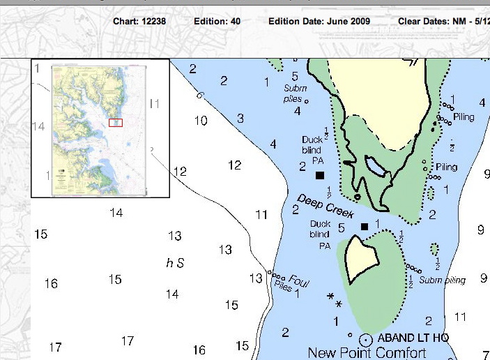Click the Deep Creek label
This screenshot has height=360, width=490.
(x=326, y=204)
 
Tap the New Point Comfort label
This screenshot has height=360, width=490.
(x=367, y=353)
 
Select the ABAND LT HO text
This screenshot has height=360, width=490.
(x=413, y=338)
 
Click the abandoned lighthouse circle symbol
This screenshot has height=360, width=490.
(x=365, y=340)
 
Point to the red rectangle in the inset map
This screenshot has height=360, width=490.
(x=116, y=123)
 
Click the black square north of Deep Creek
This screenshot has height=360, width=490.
(x=320, y=175)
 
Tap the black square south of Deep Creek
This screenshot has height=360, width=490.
(x=364, y=226)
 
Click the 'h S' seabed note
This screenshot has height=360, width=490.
(x=175, y=263)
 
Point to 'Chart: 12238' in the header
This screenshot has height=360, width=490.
(x=141, y=22)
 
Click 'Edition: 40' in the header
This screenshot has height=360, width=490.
(x=217, y=22)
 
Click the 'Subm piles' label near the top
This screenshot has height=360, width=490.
(x=295, y=93)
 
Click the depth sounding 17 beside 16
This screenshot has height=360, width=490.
(x=127, y=340)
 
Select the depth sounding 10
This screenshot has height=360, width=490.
(x=201, y=121)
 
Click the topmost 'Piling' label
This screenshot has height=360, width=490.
(x=464, y=117)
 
